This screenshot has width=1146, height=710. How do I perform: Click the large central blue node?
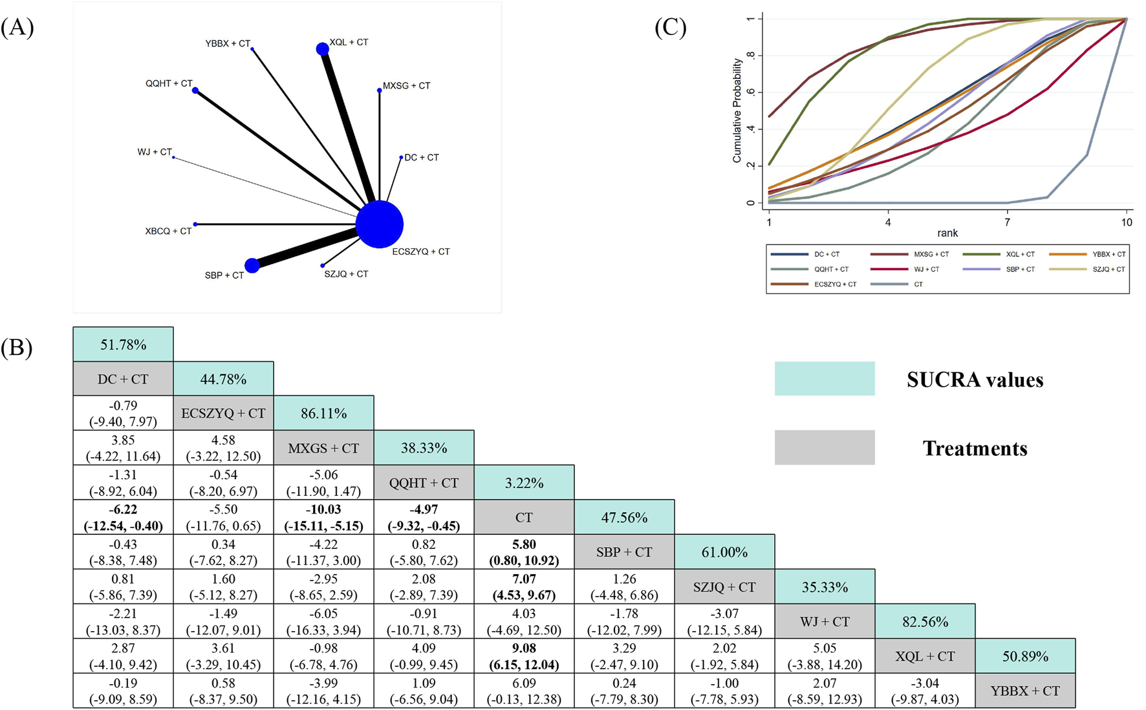click(380, 224)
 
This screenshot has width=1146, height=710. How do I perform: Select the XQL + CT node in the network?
click(322, 49)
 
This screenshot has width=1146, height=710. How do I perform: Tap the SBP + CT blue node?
click(252, 265)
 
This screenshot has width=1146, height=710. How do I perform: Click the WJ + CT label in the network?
click(155, 152)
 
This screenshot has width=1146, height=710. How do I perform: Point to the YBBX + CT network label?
click(228, 44)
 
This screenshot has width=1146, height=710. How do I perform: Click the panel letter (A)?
click(17, 28)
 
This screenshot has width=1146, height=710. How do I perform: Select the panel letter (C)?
click(671, 28)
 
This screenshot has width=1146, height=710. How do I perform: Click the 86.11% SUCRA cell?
click(323, 413)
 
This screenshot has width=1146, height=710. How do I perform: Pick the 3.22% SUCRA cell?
click(524, 483)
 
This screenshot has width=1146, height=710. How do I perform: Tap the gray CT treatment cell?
click(524, 517)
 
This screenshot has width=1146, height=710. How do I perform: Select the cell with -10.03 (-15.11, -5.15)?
click(323, 517)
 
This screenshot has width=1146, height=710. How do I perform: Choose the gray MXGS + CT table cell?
click(323, 448)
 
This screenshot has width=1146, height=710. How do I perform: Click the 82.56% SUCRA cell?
click(925, 621)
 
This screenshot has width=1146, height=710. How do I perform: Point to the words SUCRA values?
click(975, 380)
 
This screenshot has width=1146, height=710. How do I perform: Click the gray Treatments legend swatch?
click(825, 447)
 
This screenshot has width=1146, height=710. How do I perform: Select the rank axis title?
click(947, 233)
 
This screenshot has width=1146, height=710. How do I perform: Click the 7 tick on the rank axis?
click(1007, 222)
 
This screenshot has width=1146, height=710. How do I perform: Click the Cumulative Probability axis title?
click(737, 111)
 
